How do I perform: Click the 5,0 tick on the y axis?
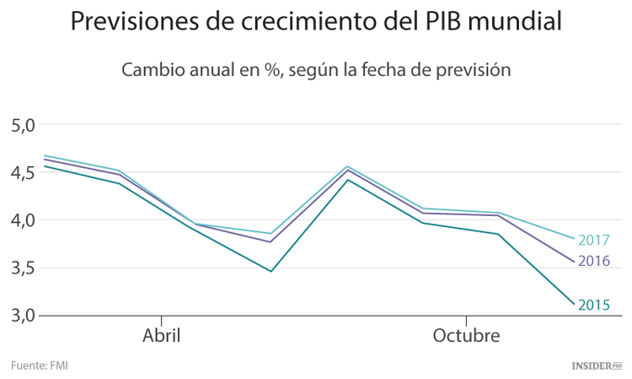click(24, 125)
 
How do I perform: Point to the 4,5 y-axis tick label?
click(24, 172)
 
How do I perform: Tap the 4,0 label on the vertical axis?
click(24, 220)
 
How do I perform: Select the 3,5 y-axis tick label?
click(24, 268)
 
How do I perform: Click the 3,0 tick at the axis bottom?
click(24, 316)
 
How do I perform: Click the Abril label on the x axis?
click(161, 336)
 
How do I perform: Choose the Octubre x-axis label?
click(466, 336)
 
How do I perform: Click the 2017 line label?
click(595, 241)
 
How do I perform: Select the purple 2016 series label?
click(595, 262)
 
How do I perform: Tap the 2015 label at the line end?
click(595, 306)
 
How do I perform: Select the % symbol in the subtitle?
click(271, 70)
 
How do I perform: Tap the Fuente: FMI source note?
click(40, 365)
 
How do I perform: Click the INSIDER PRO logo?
click(596, 365)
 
